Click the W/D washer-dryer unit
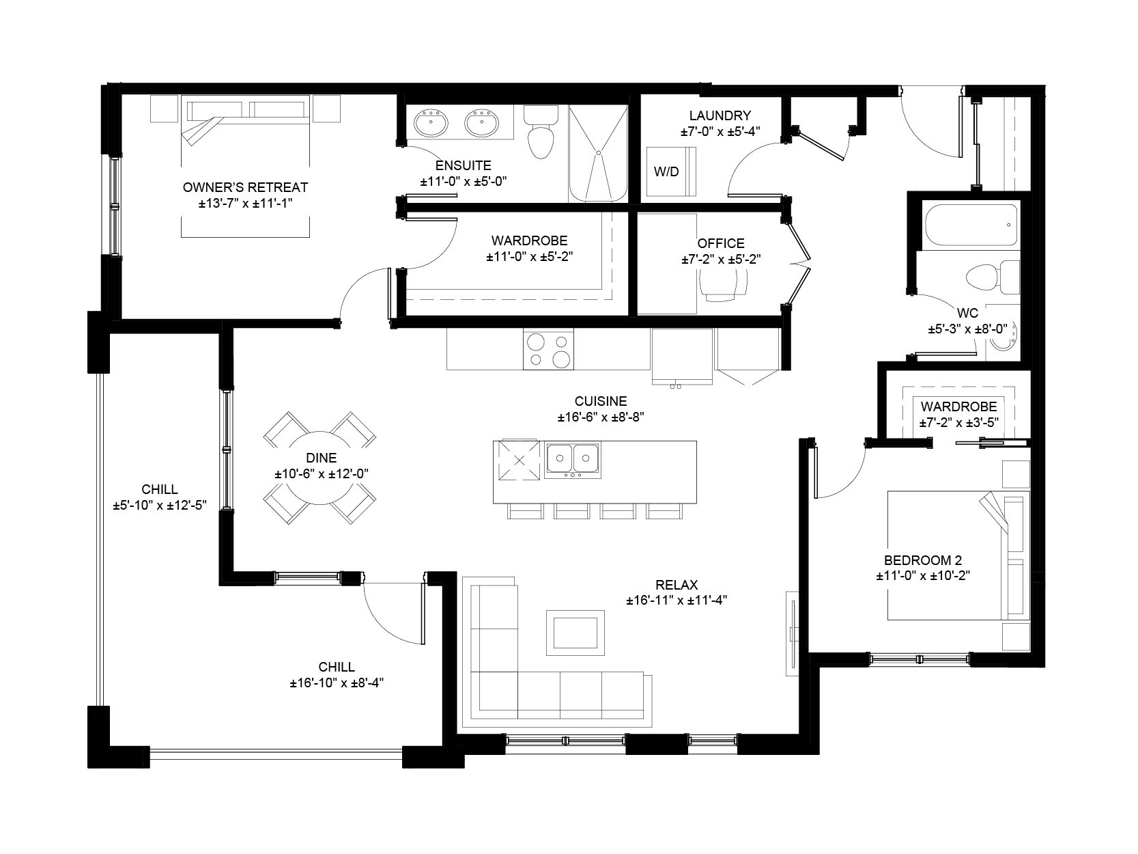(x=671, y=171)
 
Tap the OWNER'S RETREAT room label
(x=245, y=187)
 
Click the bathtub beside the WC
(x=971, y=225)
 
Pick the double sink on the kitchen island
(x=572, y=460)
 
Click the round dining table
(x=320, y=467)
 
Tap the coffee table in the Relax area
(x=575, y=633)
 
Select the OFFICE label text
(x=721, y=243)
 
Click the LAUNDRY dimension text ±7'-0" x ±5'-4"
(x=720, y=131)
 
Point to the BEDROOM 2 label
(x=923, y=560)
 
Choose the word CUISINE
(x=601, y=401)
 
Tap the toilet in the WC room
(x=993, y=277)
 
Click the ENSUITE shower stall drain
(x=598, y=153)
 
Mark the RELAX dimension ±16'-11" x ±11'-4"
(x=677, y=601)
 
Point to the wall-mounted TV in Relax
(x=793, y=633)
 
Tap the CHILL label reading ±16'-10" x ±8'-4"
(x=337, y=683)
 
